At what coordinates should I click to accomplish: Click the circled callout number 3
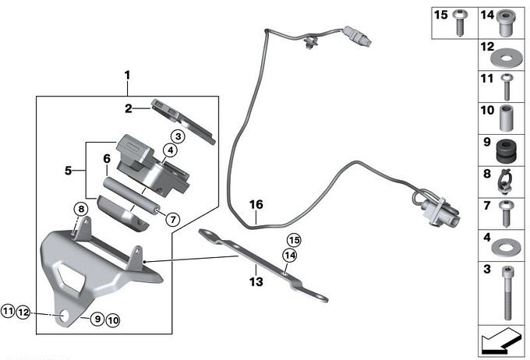[x=178, y=137]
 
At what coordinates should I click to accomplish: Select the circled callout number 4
[x=169, y=151]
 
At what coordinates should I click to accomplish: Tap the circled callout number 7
[x=172, y=218]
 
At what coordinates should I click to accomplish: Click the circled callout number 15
[x=293, y=240]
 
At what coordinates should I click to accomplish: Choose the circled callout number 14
[x=290, y=256]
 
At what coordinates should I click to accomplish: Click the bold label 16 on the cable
[x=256, y=205]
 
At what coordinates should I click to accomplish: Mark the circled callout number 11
[x=8, y=312]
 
